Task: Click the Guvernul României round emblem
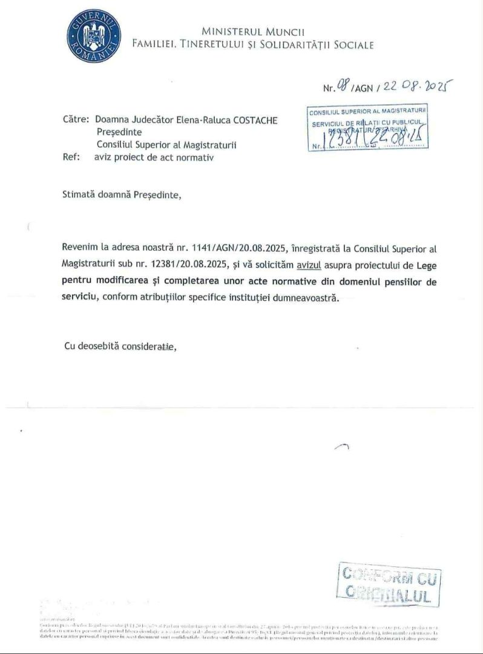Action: point(94,36)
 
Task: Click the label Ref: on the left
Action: point(72,157)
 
